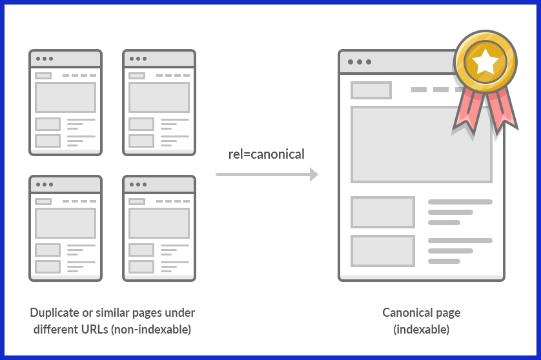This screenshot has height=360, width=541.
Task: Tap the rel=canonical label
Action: tap(266, 154)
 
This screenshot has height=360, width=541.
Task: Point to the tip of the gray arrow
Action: tap(317, 174)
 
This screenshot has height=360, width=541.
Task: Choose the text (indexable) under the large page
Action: tap(421, 330)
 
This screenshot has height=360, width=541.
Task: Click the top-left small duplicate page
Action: tap(65, 103)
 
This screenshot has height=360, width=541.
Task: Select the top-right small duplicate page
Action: tap(159, 103)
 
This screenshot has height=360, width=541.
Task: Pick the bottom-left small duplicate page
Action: tap(65, 228)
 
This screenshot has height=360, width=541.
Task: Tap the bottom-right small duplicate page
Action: tap(159, 228)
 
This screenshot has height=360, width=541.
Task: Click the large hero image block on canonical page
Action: tap(421, 145)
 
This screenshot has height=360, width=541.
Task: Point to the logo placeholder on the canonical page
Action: tap(371, 90)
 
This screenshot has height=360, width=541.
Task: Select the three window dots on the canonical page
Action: tap(359, 62)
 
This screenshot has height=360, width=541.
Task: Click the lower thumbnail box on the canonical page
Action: tap(382, 251)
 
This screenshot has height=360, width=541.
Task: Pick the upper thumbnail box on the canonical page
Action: tap(382, 212)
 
